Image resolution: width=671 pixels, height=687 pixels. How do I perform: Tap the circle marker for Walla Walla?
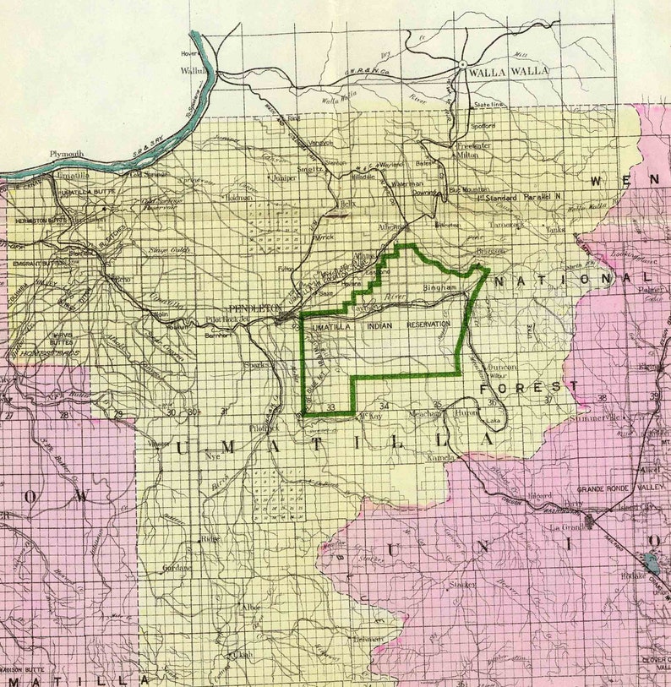pyautogui.click(x=463, y=64)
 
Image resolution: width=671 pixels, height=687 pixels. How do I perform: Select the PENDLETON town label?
pyautogui.click(x=254, y=308)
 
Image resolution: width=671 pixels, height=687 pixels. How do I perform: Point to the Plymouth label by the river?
pyautogui.click(x=67, y=154)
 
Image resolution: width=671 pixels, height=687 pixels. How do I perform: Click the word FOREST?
pyautogui.click(x=529, y=386)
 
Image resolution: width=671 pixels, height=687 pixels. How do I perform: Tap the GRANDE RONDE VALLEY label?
pyautogui.click(x=620, y=489)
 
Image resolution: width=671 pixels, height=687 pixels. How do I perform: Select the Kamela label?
pyautogui.click(x=440, y=457)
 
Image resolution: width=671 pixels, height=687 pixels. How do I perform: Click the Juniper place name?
pyautogui.click(x=281, y=178)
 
